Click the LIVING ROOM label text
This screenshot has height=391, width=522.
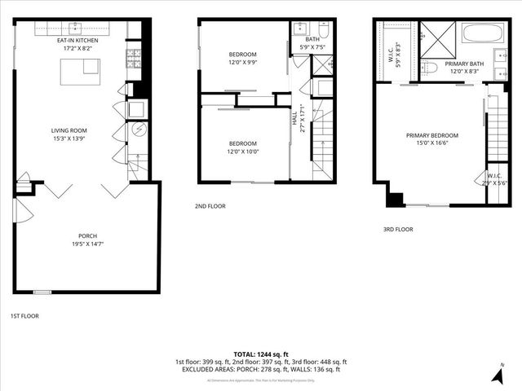coord(69,130)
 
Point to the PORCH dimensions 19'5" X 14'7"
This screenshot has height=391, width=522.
coord(87,243)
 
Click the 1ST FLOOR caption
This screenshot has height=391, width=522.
coord(24,316)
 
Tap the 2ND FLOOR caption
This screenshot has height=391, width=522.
coord(210,206)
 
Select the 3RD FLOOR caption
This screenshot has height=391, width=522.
coord(398,230)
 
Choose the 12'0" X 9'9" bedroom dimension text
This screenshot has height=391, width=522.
coord(241,62)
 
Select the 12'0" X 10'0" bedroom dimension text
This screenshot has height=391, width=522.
coord(242,152)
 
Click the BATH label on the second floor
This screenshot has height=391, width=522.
coord(312,39)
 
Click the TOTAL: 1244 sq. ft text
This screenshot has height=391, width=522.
coord(260,354)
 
